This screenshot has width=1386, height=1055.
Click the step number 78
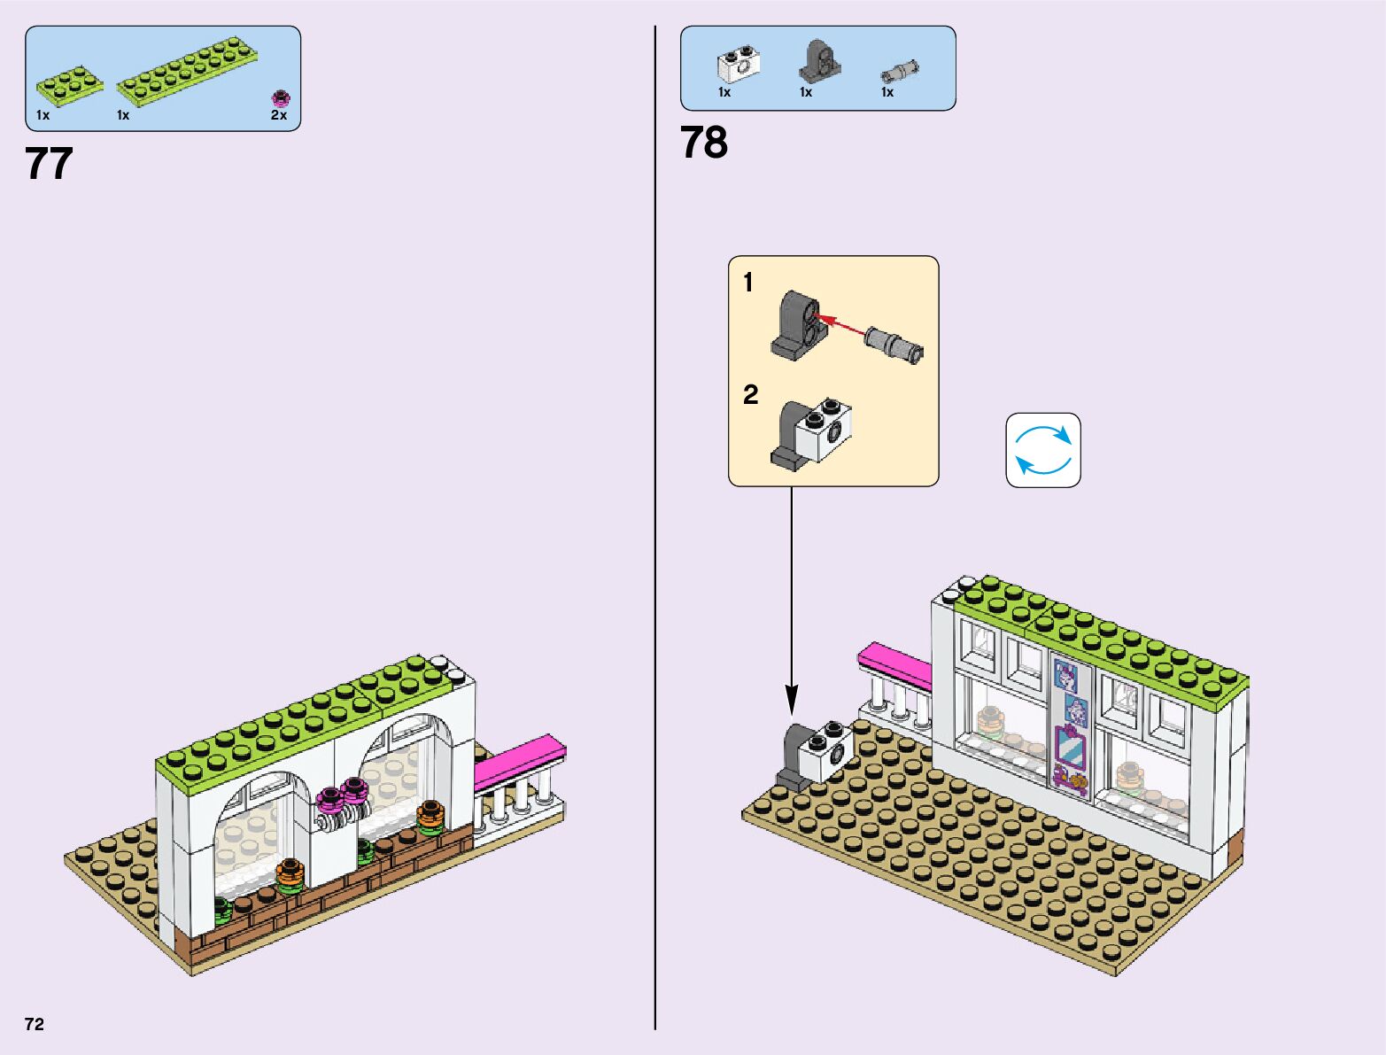coord(703,143)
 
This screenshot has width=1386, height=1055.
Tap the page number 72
coord(35,1024)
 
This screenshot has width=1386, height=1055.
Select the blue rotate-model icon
coord(1043,450)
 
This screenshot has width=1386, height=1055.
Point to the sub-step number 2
coord(750,394)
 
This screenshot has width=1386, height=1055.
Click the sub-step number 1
coord(748,283)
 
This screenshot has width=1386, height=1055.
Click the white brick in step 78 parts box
coord(738,65)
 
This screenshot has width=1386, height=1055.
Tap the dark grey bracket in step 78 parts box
coord(819,61)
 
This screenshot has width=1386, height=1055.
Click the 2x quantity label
coord(278,115)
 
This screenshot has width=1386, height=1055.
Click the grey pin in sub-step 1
coord(894,343)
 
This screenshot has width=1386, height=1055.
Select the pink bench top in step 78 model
coord(894,665)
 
